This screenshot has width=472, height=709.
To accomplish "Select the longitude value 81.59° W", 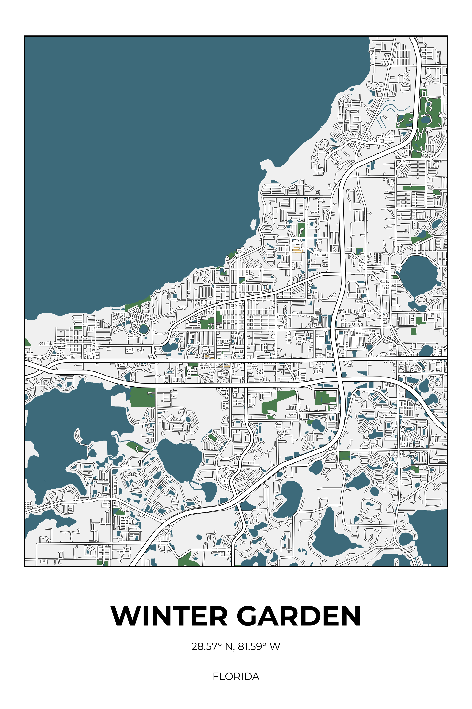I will (259, 646).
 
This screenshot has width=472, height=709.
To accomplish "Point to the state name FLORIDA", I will (236, 677).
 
